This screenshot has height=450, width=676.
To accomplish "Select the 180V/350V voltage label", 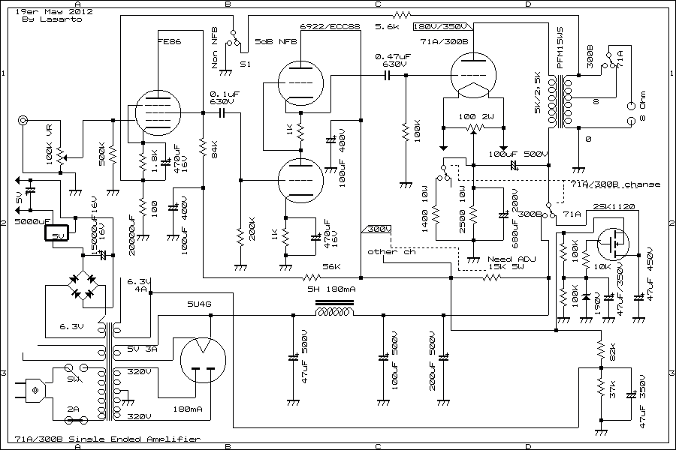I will (442, 26).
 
